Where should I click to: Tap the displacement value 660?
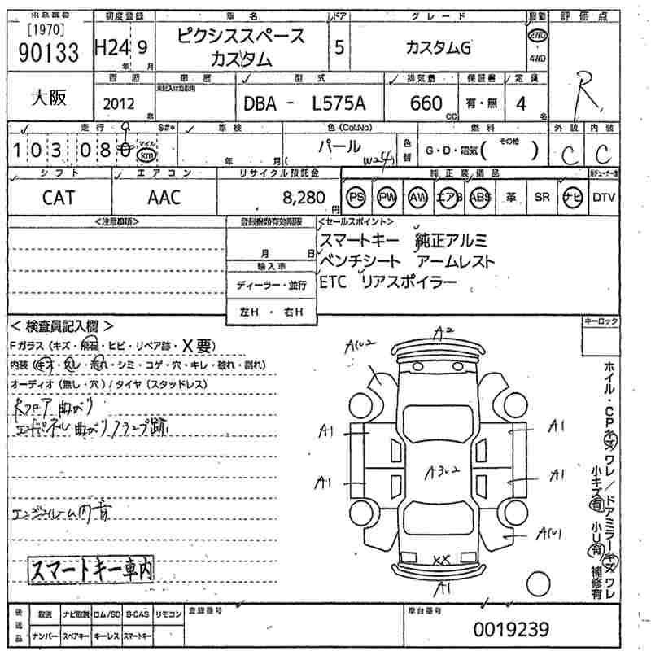point(426,103)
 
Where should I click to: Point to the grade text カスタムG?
point(438,47)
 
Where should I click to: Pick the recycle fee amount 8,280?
point(303,196)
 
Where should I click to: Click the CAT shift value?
point(59,196)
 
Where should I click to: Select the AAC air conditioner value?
point(164,196)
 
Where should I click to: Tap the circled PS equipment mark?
point(356,197)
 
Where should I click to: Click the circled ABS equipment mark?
point(481,197)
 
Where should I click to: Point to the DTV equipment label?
point(604,197)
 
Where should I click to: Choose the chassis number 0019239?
point(511,629)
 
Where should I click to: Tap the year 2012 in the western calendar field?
point(120,103)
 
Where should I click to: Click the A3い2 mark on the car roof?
point(443,470)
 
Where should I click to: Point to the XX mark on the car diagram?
point(442,559)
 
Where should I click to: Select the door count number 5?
point(339,47)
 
